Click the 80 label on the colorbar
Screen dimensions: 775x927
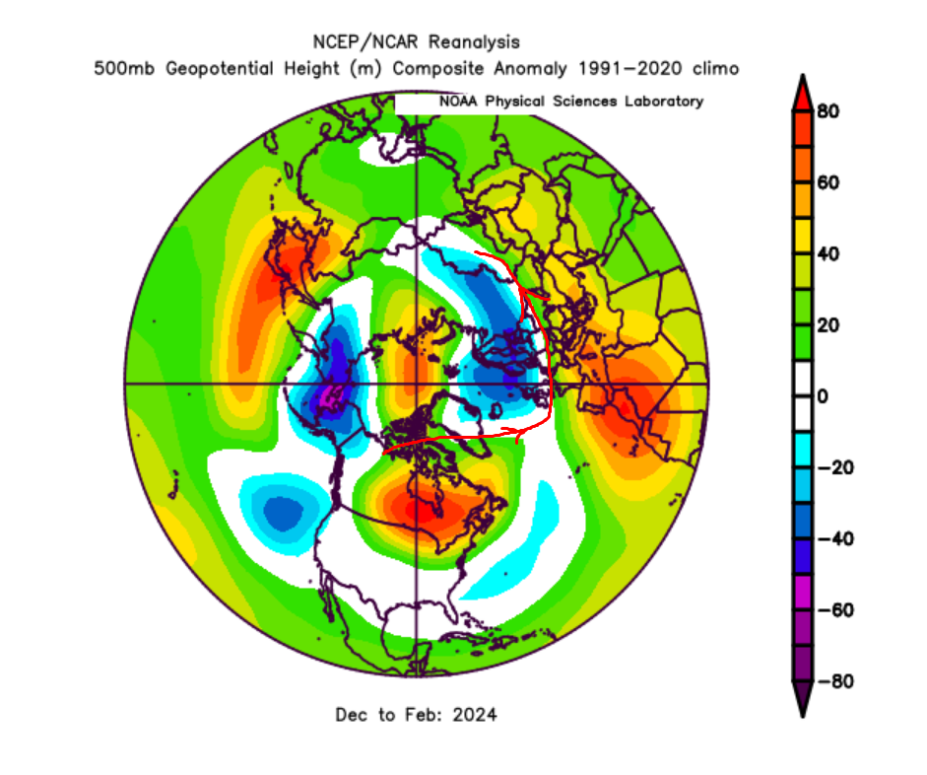828,112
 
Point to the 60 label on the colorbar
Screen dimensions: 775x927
828,183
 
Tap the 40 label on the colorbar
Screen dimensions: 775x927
828,254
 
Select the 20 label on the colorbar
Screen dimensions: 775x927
828,325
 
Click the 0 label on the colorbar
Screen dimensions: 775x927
824,396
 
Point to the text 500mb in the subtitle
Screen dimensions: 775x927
120,69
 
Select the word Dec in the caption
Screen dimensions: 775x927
352,714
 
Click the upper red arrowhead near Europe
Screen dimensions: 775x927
530,291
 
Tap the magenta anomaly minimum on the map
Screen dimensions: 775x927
328,399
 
